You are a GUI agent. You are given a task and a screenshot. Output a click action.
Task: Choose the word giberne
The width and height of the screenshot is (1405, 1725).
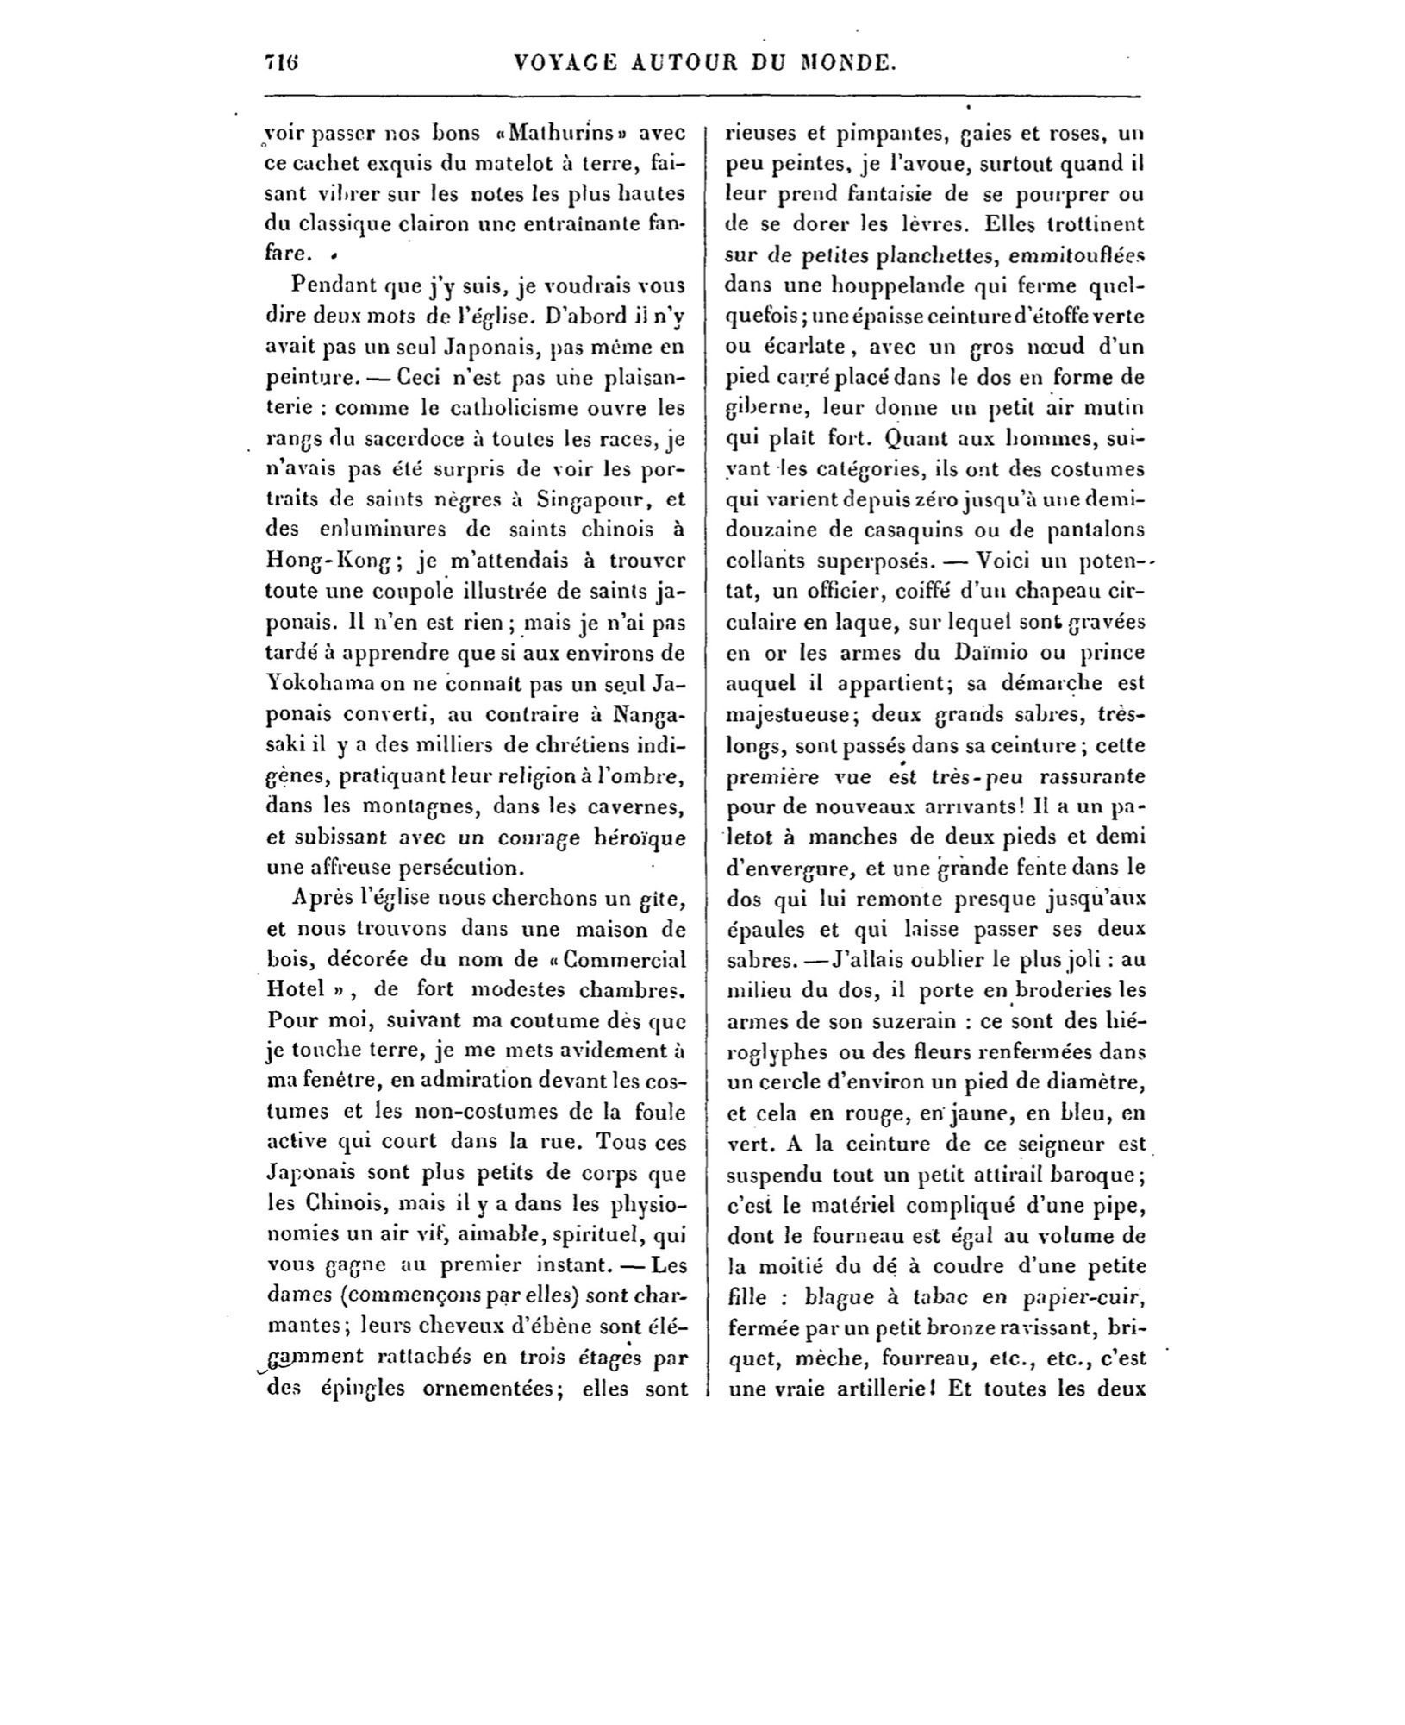767,408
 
